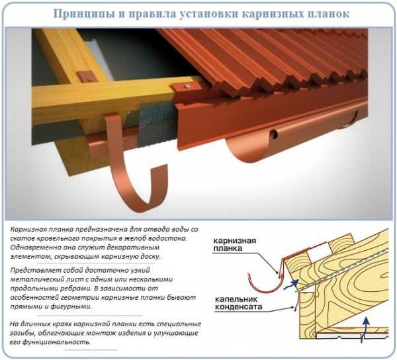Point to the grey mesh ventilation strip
click(x=156, y=125)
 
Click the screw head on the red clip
click(x=187, y=86)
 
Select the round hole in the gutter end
click(x=273, y=135)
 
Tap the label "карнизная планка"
click(x=234, y=244)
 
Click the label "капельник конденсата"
click(x=238, y=303)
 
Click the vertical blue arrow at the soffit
click(x=365, y=329)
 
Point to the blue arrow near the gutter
click(x=291, y=285)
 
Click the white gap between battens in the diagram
click(x=318, y=253)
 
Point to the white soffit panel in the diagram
click(x=352, y=336)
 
